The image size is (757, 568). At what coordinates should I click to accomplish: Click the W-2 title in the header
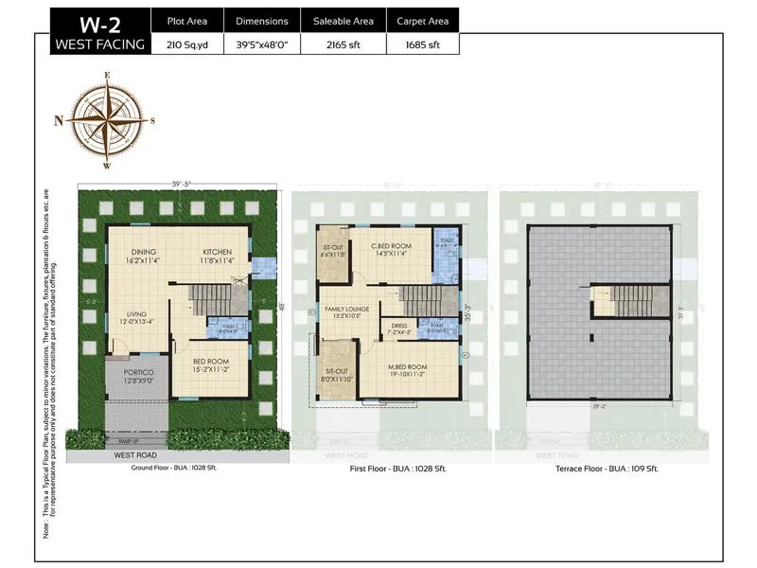coord(99,22)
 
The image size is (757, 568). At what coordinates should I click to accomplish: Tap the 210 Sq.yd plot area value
coord(186,44)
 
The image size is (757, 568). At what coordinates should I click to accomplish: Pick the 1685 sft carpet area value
coord(423,44)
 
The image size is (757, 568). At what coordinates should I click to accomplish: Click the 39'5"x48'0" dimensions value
coord(263,44)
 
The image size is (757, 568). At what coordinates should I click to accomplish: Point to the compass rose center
coord(107,120)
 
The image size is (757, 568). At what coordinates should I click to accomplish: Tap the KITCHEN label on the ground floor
coord(217,252)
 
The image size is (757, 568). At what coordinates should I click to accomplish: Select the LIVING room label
coord(130,314)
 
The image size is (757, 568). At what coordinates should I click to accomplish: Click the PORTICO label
coord(139,372)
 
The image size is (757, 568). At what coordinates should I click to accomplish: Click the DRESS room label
coord(398,326)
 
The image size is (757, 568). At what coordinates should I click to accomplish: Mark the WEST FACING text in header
coord(99,44)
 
